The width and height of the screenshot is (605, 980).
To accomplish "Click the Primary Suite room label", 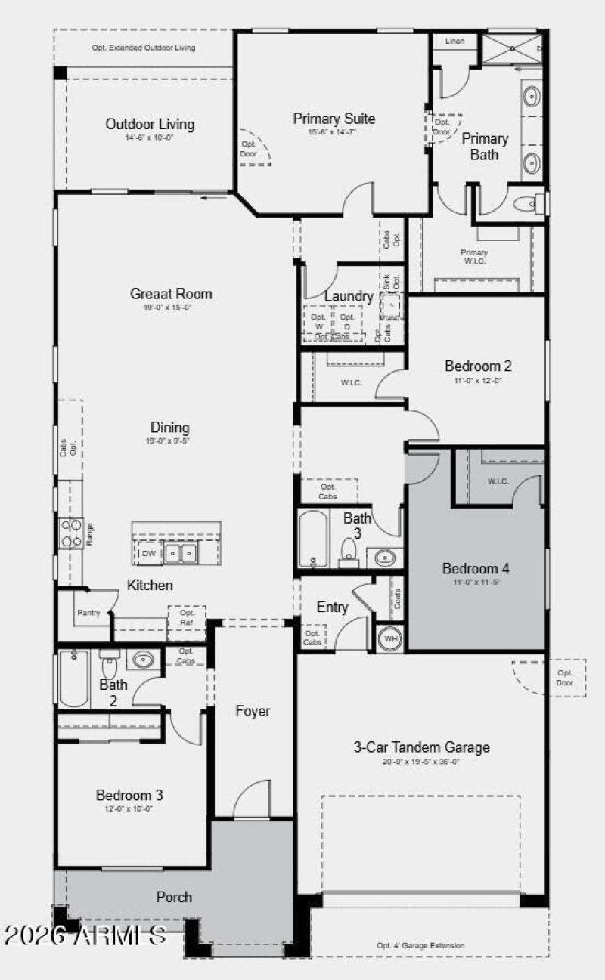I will coord(334,119).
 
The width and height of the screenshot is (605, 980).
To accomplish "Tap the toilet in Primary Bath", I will coord(526,203).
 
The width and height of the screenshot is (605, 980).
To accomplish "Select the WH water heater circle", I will coord(391,638).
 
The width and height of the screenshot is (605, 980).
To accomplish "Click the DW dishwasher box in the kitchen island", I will coord(149,553).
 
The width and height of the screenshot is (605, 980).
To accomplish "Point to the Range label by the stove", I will coord(89,534).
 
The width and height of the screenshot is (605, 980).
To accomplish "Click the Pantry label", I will coord(88,613).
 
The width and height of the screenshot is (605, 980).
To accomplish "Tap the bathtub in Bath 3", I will coord(313,538).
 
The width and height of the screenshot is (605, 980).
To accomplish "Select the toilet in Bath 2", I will coord(110,666).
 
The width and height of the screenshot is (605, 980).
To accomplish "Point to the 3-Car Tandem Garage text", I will coord(432,747).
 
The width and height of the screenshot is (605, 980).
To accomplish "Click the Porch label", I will coord(174,897).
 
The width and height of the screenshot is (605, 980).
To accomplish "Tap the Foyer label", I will coord(253,711).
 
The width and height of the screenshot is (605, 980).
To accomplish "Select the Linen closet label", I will coord(455,42).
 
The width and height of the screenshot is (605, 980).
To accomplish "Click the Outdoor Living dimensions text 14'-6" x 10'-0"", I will coord(150,138).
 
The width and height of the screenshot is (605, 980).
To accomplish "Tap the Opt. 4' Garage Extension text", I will coord(420,945).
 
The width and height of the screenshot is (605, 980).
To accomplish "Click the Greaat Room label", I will coord(171,294).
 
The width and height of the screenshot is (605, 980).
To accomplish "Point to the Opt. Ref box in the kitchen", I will coord(187,617).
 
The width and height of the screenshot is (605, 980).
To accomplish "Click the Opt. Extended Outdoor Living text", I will coord(144,48).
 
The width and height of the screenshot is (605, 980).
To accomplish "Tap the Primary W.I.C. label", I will coord(474,256).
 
